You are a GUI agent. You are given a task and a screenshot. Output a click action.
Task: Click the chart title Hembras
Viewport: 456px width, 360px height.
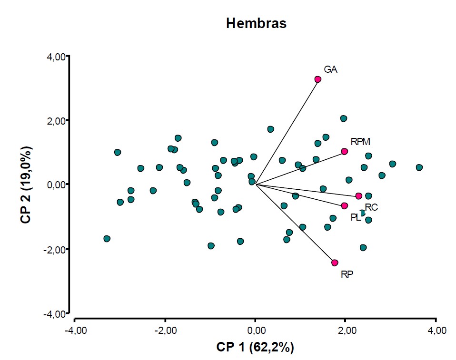256,23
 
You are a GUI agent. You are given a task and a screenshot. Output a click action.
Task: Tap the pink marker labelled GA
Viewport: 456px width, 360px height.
318,79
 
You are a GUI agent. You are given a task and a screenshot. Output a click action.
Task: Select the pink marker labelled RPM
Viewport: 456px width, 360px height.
345,151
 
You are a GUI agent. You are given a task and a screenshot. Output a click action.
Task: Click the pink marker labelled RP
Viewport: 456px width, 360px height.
335,263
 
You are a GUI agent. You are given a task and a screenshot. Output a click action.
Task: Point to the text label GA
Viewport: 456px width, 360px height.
331,69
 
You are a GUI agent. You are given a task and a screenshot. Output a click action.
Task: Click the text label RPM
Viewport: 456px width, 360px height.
360,141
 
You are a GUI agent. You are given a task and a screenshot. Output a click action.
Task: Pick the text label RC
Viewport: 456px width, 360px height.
371,207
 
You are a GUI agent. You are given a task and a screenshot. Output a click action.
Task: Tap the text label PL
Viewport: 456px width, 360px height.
356,217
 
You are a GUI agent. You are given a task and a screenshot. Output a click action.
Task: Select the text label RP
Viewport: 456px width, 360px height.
347,274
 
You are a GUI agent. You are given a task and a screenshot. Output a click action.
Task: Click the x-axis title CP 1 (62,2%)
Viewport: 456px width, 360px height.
256,348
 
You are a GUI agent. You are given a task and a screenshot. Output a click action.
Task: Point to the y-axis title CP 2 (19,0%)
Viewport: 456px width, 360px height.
26,185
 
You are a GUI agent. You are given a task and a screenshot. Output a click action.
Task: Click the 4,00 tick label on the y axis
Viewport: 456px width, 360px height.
57,57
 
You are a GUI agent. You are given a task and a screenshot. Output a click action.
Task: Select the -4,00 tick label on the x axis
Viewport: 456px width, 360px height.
74,330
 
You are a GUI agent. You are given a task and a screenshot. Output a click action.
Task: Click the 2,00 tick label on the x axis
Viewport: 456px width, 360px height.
346,330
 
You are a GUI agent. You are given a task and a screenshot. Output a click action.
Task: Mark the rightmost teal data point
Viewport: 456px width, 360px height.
419,167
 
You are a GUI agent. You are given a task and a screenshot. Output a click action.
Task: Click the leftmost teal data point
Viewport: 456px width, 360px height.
107,238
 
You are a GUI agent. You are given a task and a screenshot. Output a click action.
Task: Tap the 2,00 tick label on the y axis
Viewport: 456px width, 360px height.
57,121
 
